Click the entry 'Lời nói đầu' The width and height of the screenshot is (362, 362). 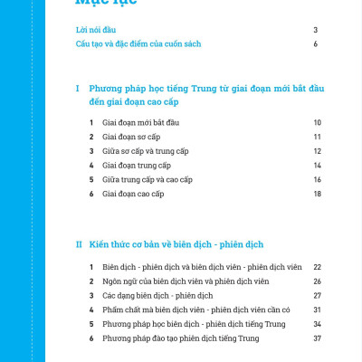96,30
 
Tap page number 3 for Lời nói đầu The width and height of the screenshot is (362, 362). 315,30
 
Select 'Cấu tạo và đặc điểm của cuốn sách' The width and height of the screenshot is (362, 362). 138,43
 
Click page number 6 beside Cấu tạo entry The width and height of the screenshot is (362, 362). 315,43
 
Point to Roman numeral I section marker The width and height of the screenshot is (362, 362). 79,89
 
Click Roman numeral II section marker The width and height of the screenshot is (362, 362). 80,244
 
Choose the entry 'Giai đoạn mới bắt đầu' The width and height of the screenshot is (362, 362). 141,122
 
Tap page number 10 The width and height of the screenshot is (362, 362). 317,122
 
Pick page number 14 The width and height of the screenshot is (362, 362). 317,166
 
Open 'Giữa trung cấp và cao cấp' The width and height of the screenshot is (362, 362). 148,180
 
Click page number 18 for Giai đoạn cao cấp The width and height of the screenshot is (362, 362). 317,195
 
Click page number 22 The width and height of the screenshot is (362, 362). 317,268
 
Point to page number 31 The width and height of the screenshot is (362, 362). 317,310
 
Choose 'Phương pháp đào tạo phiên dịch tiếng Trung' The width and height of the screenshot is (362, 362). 181,338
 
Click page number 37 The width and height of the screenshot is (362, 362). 317,338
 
